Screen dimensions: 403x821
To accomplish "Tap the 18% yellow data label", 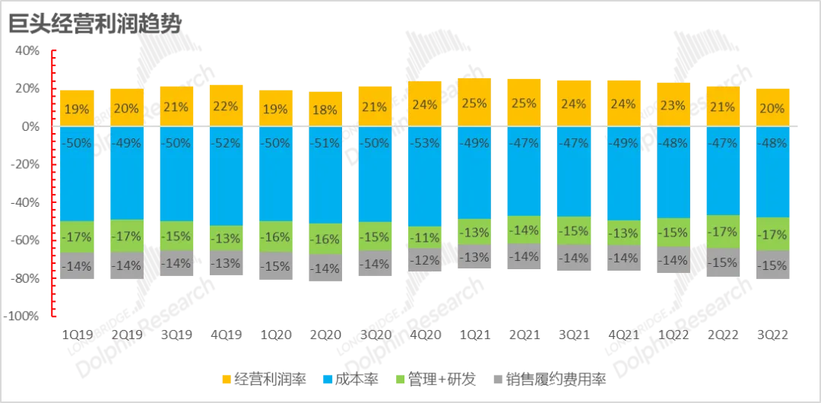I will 325,109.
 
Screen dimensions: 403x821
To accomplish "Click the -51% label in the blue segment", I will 325,143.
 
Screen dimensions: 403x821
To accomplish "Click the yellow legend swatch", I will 226,379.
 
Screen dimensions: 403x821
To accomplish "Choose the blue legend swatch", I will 328,379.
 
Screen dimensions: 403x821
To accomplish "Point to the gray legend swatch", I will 498,379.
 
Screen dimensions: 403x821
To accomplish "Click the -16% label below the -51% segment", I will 325,239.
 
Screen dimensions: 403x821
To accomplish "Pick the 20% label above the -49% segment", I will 125,108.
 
